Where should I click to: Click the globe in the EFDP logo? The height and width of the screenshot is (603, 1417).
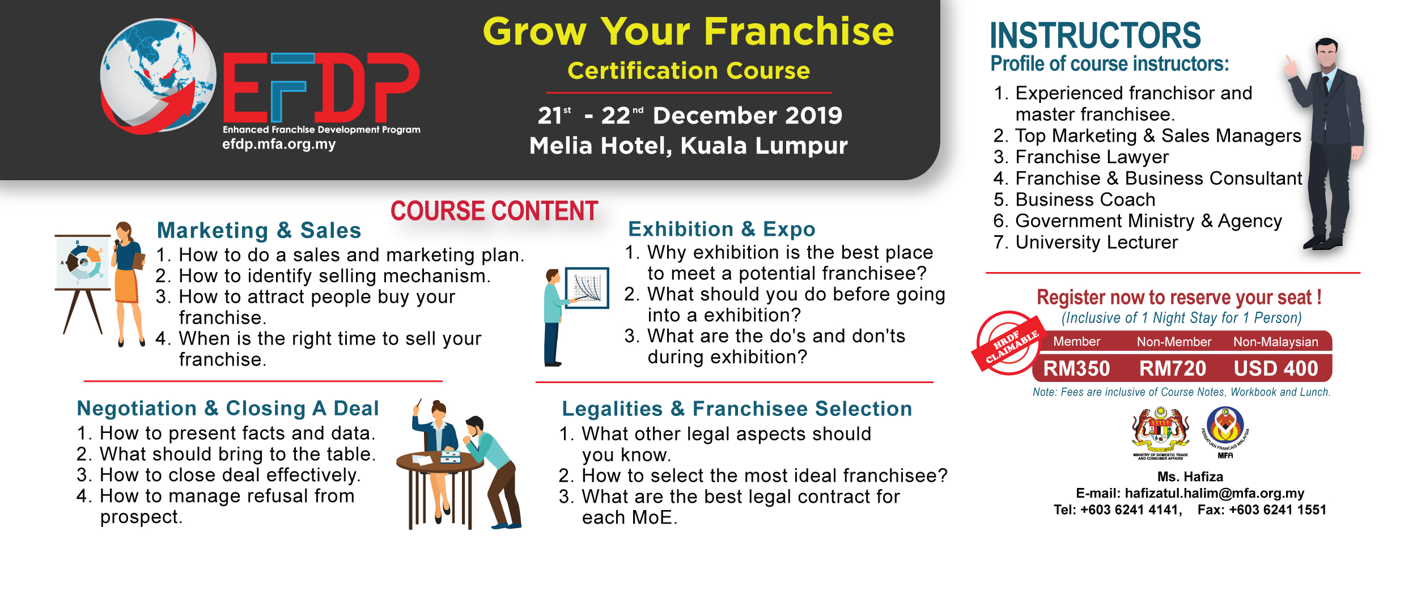point(158,75)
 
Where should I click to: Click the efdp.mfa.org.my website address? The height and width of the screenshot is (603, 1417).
point(279,144)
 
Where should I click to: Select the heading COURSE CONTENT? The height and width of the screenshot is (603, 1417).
point(494,211)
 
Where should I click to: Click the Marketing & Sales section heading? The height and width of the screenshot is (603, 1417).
point(259,231)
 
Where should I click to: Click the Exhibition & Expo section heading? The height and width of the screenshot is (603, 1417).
point(722,229)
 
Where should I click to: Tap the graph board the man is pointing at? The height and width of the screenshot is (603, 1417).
point(588,287)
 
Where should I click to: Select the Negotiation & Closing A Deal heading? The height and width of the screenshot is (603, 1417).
point(228,408)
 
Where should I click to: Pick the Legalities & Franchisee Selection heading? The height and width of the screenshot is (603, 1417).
point(737,409)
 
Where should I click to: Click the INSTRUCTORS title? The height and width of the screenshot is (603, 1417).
point(1095,35)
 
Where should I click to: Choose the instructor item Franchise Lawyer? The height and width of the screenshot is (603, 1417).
point(1092,157)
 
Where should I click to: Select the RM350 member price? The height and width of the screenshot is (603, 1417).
point(1076,368)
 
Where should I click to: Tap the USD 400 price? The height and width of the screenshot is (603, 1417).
point(1276,368)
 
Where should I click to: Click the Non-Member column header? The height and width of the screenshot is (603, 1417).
point(1174,342)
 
